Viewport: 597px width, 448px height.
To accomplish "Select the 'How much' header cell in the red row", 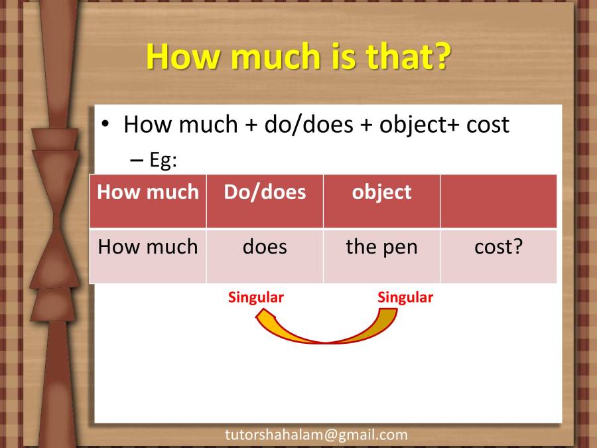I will point(148,192).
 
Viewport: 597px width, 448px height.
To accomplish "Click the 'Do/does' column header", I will point(265,192).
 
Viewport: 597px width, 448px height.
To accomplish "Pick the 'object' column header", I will point(381,192).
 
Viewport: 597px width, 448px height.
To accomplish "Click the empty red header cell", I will point(498,201).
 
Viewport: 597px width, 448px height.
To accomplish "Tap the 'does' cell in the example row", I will point(265,248).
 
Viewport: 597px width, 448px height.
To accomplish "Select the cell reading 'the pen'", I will point(381,248).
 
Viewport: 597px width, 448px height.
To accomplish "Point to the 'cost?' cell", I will point(498,248).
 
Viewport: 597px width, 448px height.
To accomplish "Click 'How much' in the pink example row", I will point(148,248).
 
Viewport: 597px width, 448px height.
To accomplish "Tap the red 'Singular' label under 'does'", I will point(256,297).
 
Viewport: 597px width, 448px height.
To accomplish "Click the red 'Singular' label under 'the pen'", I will point(405,297).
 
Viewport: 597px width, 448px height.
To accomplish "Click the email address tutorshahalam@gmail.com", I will point(316,435).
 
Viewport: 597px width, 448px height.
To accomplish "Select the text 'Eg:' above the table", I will point(163,161).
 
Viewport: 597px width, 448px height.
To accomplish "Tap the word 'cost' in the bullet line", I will point(487,125).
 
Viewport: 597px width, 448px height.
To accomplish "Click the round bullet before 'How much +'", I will point(105,125).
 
